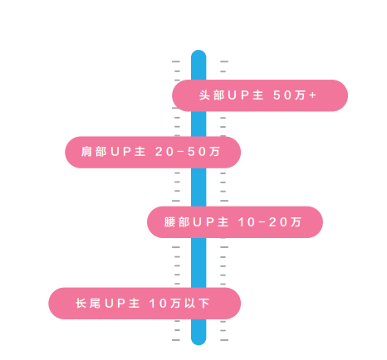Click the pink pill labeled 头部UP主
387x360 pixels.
click(x=260, y=95)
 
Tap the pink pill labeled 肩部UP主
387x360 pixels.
click(x=153, y=152)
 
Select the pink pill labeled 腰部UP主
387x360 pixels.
click(x=235, y=222)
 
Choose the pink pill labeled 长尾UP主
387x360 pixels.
click(x=145, y=304)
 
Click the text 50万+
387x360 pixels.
click(x=295, y=95)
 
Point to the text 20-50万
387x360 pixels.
click(x=188, y=152)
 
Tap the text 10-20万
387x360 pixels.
click(x=270, y=222)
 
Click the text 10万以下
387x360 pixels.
click(x=179, y=304)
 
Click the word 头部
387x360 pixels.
click(x=212, y=95)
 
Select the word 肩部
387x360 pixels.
click(x=94, y=152)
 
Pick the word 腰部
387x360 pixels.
click(x=177, y=222)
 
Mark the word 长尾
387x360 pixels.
click(x=88, y=304)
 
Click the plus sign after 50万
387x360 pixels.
click(x=313, y=95)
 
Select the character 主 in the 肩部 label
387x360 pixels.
click(x=140, y=152)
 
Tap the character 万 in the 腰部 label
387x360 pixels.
click(x=296, y=222)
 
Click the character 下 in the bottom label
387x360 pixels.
click(x=204, y=304)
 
